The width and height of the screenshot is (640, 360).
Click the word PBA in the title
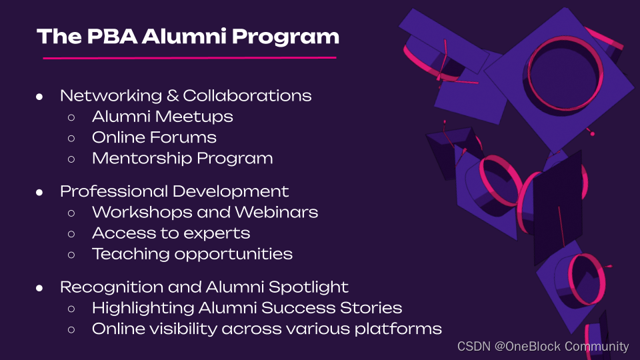tap(112, 36)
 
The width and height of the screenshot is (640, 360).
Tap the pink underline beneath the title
tap(190, 58)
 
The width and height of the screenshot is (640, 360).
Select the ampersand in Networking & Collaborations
tap(172, 95)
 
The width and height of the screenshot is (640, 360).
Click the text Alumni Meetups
tap(163, 117)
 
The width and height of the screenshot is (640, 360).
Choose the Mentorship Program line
tap(183, 159)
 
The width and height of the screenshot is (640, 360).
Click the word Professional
tap(114, 191)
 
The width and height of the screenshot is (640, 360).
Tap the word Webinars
tap(276, 212)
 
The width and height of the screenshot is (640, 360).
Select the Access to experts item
tap(171, 233)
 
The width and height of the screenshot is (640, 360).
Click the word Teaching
tap(131, 254)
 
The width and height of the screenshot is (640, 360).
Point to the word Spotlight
tap(309, 287)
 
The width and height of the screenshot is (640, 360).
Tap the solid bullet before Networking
tap(39, 97)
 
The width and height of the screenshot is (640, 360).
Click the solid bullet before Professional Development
tap(39, 192)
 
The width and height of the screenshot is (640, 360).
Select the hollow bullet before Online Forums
tap(71, 139)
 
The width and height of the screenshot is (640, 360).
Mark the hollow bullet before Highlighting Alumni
tap(71, 309)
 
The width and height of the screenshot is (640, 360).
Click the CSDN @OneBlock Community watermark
tap(543, 347)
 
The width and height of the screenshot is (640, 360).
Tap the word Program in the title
tap(286, 37)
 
